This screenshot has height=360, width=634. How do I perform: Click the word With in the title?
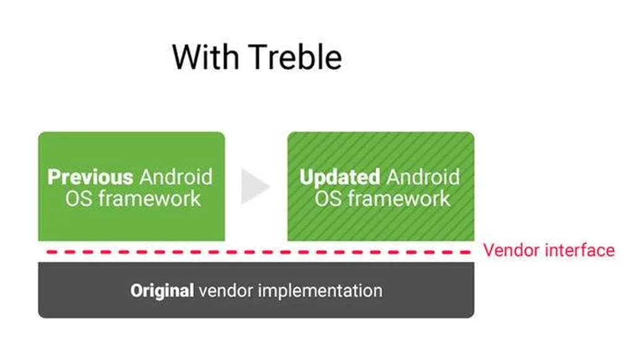tap(206, 57)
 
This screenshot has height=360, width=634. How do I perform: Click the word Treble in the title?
tap(295, 57)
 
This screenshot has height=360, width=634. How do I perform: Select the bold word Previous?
tap(90, 177)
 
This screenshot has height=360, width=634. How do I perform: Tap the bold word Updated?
tap(340, 177)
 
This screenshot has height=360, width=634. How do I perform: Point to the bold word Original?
tap(162, 291)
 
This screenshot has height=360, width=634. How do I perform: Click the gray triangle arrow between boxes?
tap(254, 187)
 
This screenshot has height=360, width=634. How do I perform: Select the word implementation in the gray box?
tap(320, 291)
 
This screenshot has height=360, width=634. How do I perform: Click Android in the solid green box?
tap(176, 177)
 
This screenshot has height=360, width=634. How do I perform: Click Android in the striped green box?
tap(423, 177)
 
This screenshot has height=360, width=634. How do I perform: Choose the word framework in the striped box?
tap(399, 199)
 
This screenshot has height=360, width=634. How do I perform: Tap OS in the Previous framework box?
tap(79, 199)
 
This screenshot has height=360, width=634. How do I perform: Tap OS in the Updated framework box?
tap(328, 199)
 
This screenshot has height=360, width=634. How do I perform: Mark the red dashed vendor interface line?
tap(259, 252)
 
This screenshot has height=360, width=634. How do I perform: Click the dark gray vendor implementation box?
tap(256, 289)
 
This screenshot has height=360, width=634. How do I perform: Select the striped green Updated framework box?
tap(381, 187)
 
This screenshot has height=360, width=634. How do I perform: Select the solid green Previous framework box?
tap(131, 187)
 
